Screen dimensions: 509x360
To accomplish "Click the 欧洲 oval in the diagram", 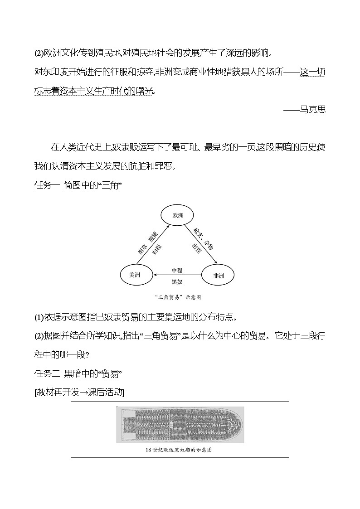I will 177,215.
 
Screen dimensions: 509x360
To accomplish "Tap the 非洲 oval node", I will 218,275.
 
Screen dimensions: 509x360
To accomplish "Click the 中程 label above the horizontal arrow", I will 177,270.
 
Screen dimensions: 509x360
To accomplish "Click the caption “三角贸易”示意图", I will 177,297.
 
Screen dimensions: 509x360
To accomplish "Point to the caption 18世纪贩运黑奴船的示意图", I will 179,450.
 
